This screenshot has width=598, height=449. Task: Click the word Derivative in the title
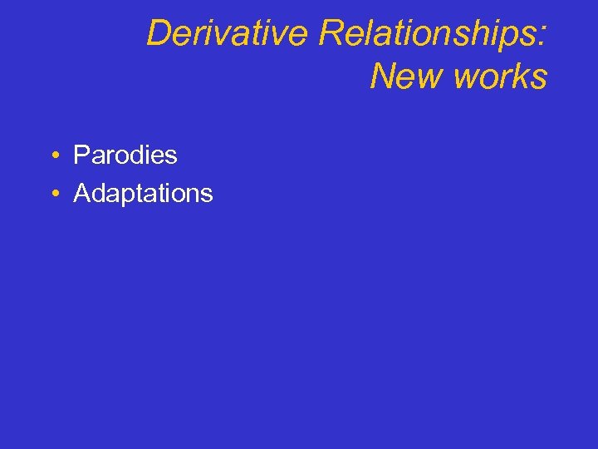(x=228, y=34)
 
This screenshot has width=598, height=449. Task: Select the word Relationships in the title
(x=428, y=34)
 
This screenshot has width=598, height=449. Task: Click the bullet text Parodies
(x=125, y=155)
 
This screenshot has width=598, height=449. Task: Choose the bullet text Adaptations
(x=143, y=194)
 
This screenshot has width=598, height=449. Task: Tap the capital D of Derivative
(x=158, y=34)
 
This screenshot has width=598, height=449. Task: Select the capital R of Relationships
(x=329, y=34)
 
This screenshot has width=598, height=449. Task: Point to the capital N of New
(x=383, y=76)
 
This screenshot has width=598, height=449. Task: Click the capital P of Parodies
(x=81, y=155)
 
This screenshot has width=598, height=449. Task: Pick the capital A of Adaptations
(x=81, y=193)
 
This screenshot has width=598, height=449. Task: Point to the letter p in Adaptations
(x=135, y=196)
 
